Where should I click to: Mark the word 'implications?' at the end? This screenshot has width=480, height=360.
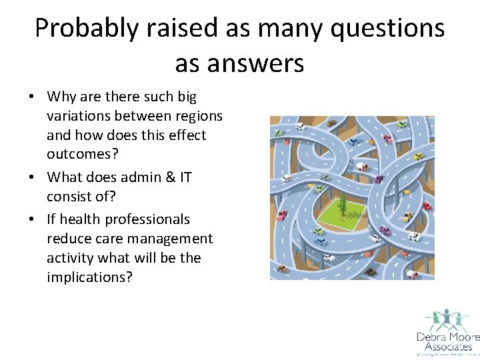coord(89,277)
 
